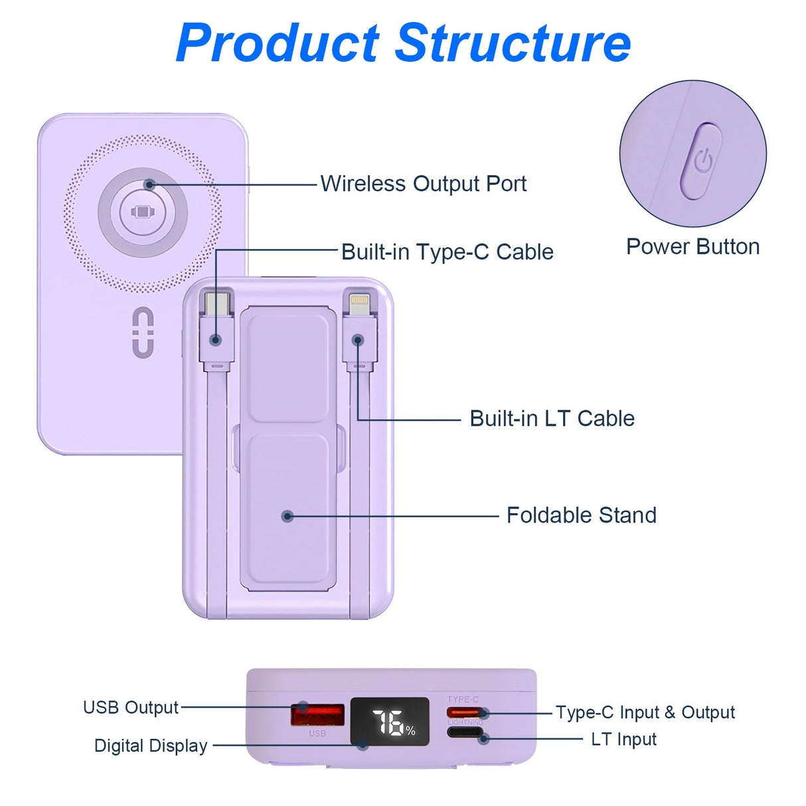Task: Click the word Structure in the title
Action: (513, 43)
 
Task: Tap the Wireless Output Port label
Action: (424, 184)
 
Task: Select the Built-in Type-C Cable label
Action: (447, 252)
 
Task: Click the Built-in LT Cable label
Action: (552, 419)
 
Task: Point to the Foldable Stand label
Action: (581, 515)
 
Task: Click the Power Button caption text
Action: (692, 247)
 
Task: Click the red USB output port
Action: (317, 715)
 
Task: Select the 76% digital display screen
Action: (390, 721)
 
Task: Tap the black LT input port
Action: (465, 733)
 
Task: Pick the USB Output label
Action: (131, 708)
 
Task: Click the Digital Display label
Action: (151, 746)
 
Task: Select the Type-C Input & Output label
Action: (645, 713)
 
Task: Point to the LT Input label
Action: (623, 740)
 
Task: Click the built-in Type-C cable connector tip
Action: (217, 304)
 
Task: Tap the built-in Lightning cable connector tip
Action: (359, 303)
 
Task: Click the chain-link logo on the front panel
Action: (143, 332)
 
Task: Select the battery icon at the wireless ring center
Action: (143, 212)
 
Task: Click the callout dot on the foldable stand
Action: (287, 516)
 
